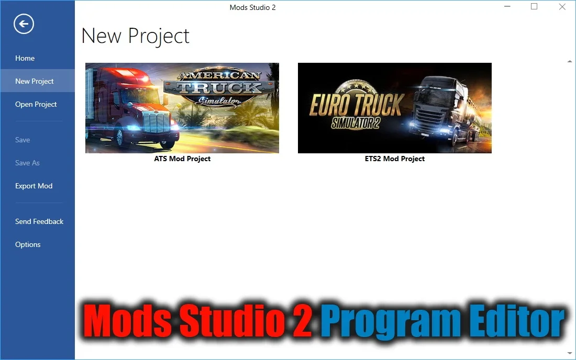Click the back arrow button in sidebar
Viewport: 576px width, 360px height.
24,24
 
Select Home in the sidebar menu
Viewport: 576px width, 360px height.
25,58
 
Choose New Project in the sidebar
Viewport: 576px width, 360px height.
35,81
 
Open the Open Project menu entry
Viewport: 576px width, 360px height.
36,104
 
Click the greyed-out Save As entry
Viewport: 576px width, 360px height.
27,163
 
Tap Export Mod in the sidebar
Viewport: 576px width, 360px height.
34,186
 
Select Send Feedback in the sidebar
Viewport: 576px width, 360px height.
39,221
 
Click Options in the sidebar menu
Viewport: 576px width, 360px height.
28,244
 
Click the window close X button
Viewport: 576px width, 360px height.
562,7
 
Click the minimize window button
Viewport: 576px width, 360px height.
507,7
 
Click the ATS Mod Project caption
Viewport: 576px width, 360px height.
182,159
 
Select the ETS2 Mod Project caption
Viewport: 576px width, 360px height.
395,159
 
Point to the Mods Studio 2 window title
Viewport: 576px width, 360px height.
252,7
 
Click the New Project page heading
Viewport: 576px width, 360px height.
135,36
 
